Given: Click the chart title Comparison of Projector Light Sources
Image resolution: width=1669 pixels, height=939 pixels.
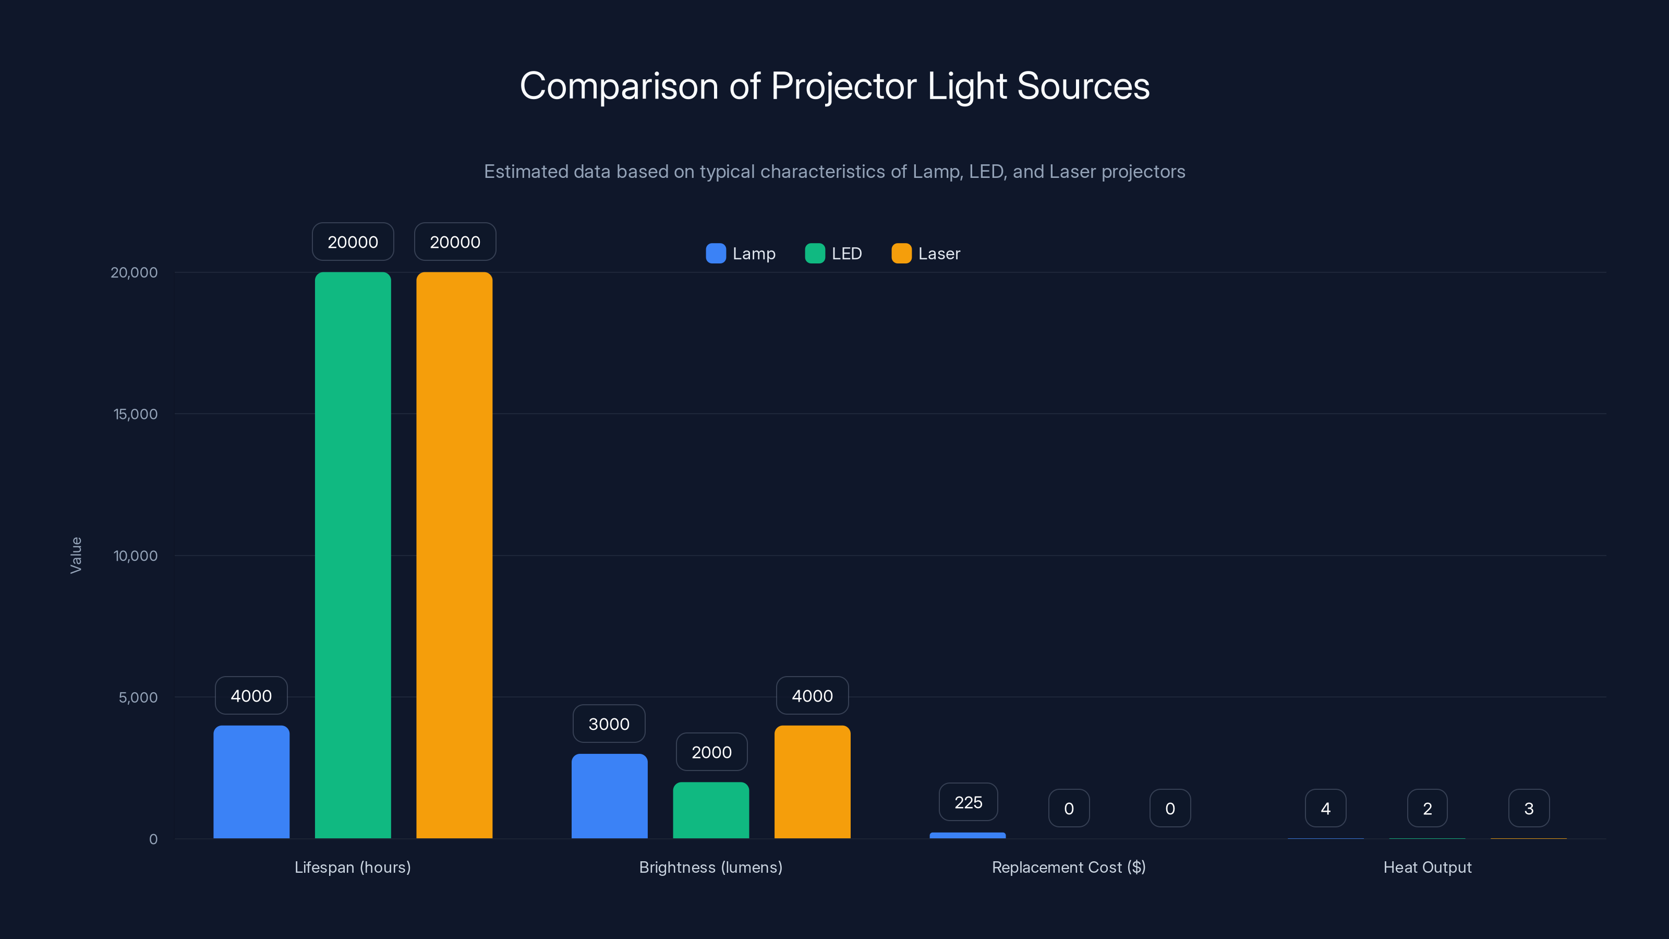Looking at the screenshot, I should [x=835, y=86].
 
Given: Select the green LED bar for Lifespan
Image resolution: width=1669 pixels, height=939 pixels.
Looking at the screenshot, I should [x=353, y=555].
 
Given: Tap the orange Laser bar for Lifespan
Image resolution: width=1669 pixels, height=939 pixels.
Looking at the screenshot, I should [x=454, y=555].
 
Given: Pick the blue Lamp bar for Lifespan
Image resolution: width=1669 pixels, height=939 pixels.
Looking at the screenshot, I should [x=251, y=781].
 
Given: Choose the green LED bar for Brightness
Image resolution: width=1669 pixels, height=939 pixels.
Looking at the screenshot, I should [x=711, y=810].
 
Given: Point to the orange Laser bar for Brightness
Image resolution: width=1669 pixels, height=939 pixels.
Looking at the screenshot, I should [x=812, y=781].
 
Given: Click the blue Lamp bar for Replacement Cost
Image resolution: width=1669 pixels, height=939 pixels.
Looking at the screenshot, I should [x=967, y=835].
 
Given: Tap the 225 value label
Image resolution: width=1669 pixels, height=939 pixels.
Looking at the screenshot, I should [x=968, y=802].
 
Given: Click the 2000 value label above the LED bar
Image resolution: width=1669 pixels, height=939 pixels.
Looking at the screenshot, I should [x=711, y=752].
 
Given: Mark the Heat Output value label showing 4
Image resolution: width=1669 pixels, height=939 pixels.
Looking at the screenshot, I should [x=1325, y=809].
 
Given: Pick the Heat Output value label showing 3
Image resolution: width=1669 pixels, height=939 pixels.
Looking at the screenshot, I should [x=1528, y=809].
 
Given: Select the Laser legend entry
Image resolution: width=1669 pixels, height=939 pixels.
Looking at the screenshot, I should [x=926, y=254].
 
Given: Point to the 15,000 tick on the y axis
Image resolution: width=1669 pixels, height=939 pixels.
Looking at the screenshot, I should [x=136, y=414].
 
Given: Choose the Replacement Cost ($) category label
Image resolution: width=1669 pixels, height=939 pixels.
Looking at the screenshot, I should [x=1068, y=867].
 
